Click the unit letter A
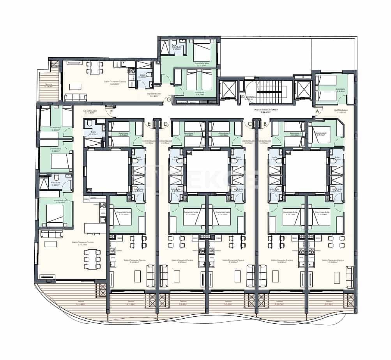click(x=317, y=111)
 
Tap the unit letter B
click(x=265, y=124)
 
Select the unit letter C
click(x=249, y=124)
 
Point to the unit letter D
click(x=166, y=124)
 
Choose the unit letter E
click(x=149, y=124)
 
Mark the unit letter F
click(x=111, y=113)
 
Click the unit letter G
click(x=168, y=99)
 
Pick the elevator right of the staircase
click(x=303, y=90)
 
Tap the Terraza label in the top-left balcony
click(x=49, y=86)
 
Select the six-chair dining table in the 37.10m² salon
click(x=92, y=259)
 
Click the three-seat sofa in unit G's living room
click(x=76, y=97)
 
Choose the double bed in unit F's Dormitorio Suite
click(x=55, y=213)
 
